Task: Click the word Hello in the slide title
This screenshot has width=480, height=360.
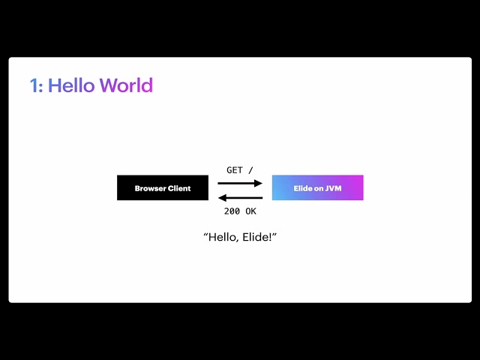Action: [71, 85]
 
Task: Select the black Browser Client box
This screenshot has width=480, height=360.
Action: [162, 187]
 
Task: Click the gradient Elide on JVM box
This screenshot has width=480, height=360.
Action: [317, 187]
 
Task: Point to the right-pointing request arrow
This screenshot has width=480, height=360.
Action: [240, 182]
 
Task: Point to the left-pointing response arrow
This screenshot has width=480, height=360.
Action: [240, 198]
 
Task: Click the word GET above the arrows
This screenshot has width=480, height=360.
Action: [235, 170]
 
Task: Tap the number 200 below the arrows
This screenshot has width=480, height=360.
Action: [232, 211]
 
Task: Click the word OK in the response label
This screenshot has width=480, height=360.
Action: [250, 211]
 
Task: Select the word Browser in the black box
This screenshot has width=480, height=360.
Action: [150, 188]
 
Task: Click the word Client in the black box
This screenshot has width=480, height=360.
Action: [178, 188]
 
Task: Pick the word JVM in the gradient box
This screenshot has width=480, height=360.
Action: [334, 188]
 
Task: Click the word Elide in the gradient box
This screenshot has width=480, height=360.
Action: [302, 188]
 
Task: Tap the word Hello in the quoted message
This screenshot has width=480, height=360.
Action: [223, 237]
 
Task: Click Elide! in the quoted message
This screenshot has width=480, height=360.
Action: [260, 237]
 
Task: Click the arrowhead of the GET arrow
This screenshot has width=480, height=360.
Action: [259, 182]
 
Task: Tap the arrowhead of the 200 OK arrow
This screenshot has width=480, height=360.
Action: [221, 198]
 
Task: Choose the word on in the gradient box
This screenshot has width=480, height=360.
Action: [319, 188]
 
